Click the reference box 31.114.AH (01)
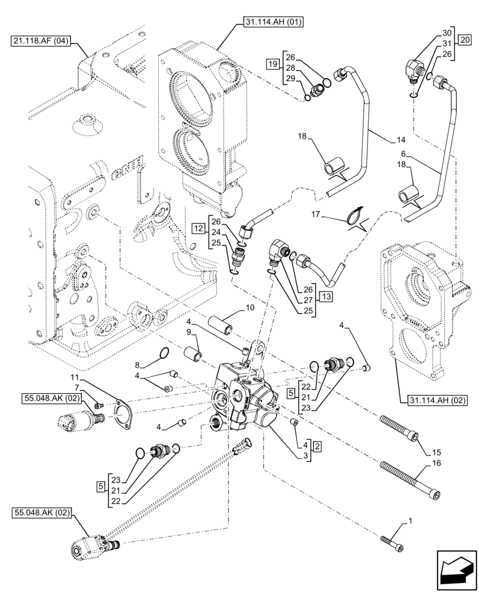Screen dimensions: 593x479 coord(272,23)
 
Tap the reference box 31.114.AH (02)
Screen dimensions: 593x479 coord(438,401)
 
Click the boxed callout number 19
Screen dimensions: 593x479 coord(272,63)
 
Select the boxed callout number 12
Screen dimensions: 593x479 coord(197,227)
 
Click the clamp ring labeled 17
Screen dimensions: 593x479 coord(357,213)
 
